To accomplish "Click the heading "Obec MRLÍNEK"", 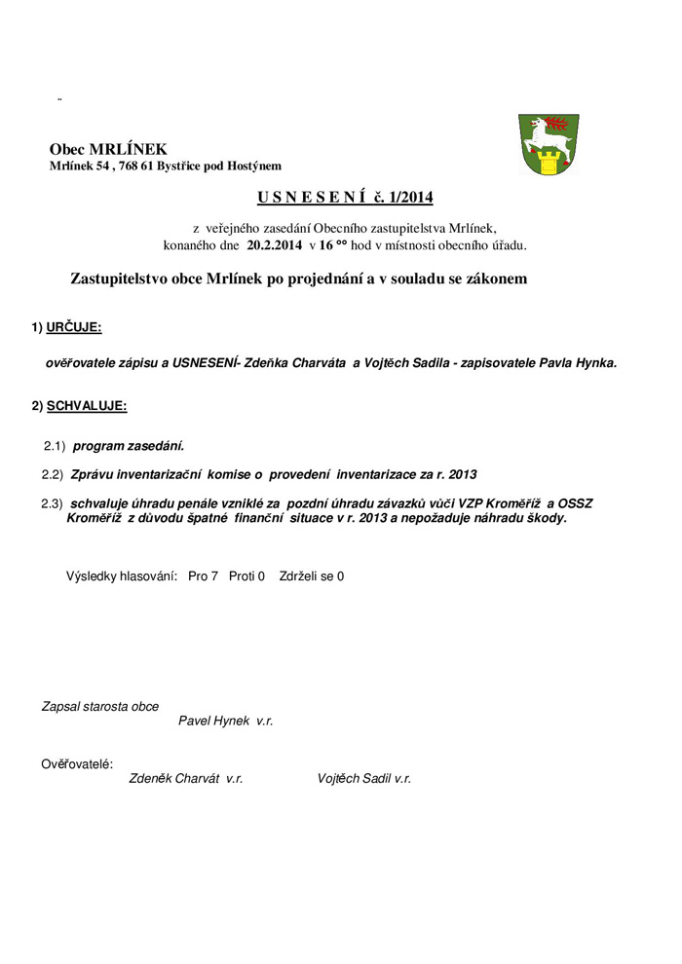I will [108, 149].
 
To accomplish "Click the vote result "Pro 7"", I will [203, 576].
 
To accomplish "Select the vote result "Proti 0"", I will [246, 576].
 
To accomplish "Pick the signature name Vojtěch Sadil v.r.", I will [363, 779].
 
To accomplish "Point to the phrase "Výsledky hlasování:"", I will [121, 576].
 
